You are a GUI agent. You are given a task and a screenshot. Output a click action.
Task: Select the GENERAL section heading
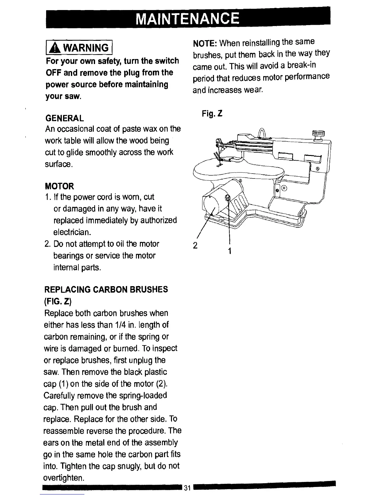pyautogui.click(x=65, y=118)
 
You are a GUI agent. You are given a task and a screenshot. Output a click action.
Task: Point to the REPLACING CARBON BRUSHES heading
pyautogui.click(x=107, y=289)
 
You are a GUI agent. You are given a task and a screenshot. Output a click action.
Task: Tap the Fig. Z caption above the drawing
pyautogui.click(x=212, y=114)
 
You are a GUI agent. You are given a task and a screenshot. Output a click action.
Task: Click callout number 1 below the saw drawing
pyautogui.click(x=230, y=251)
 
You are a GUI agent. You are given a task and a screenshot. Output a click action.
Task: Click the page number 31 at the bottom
pyautogui.click(x=188, y=488)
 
